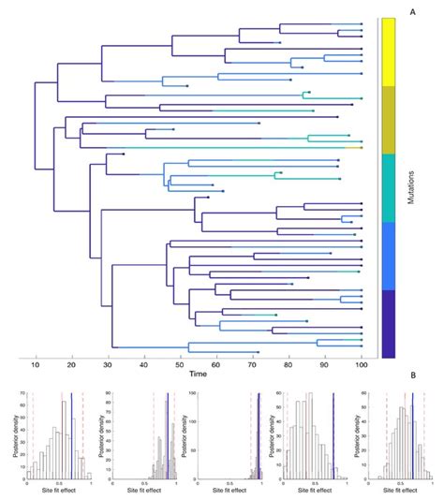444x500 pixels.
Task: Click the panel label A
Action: tap(412, 10)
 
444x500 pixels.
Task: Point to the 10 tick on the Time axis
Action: tap(36, 363)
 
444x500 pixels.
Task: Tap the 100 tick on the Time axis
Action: tap(362, 363)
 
